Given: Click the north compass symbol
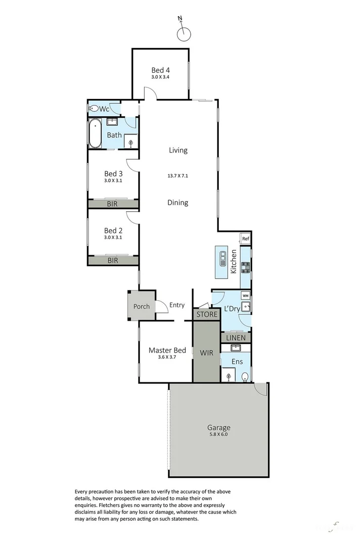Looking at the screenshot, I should click(185, 34).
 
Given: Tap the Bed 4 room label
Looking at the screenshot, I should click(160, 70).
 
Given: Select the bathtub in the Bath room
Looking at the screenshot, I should click(95, 134).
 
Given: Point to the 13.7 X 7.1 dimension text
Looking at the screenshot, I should click(177, 176).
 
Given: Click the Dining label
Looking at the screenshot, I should click(177, 203).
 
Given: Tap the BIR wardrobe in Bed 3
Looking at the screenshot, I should click(113, 204).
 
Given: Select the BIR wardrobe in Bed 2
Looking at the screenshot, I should click(113, 261).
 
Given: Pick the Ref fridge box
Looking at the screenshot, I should click(245, 239).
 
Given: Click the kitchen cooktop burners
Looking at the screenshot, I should click(245, 267).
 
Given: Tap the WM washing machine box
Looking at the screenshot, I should click(245, 296).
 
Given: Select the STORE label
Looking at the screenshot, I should click(207, 314).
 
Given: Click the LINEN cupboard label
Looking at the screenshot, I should click(236, 337).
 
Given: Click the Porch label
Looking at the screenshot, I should click(141, 307).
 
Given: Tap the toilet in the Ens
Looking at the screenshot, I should click(245, 376).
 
